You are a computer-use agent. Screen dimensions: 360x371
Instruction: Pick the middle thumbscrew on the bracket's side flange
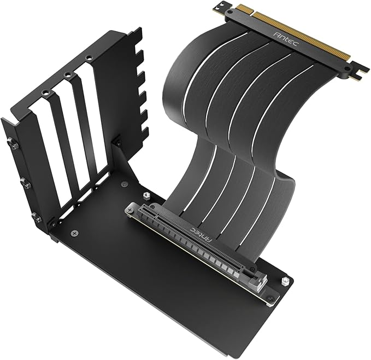[23, 181]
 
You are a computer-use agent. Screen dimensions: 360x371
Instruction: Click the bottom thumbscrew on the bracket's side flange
[37, 218]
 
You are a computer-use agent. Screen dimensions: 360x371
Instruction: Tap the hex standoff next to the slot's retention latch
[285, 281]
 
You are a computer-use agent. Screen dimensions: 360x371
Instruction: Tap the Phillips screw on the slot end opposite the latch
[131, 208]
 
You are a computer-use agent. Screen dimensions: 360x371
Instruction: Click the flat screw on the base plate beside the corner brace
[126, 184]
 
